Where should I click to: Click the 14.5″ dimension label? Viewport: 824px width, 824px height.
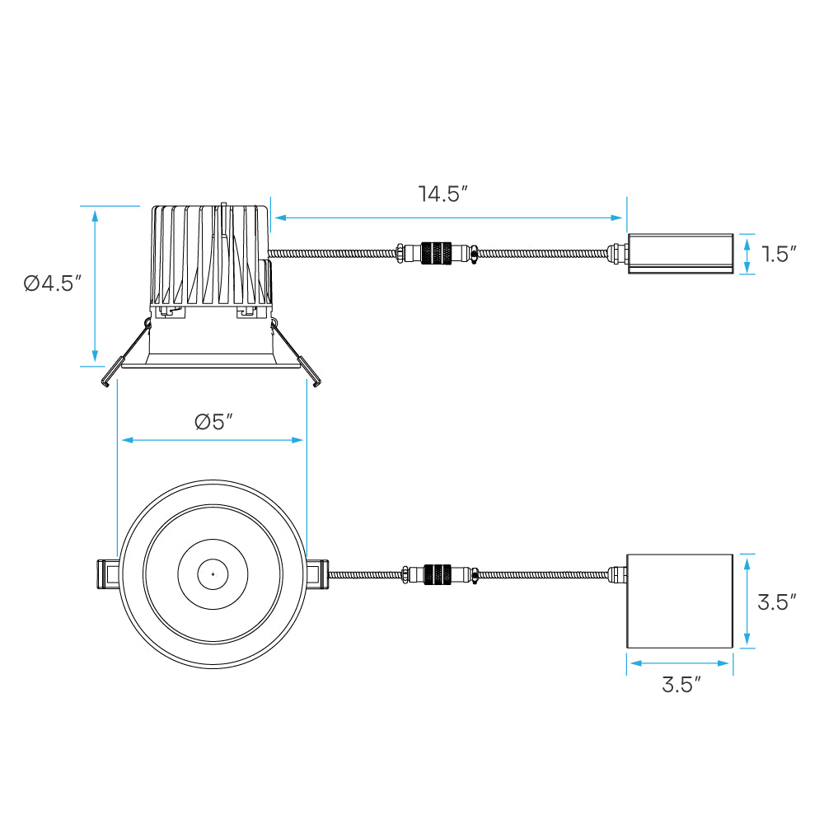point(442,194)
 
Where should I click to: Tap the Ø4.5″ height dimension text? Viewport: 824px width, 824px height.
point(53,283)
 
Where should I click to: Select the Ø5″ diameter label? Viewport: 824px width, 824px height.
point(213,421)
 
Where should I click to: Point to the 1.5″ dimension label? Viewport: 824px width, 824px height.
point(779,254)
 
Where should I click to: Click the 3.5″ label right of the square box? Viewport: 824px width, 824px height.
point(777,602)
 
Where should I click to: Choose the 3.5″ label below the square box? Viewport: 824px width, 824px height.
point(681,684)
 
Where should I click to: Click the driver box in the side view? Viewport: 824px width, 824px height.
point(681,254)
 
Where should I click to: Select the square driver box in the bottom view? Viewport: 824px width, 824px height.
point(680,601)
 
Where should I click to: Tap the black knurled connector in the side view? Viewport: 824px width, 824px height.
point(436,253)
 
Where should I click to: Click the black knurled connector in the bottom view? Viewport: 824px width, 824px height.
point(438,574)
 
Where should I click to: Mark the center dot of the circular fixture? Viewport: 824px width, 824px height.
point(213,574)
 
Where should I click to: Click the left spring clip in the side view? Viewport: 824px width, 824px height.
point(125,352)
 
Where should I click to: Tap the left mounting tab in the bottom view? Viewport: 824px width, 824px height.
point(107,574)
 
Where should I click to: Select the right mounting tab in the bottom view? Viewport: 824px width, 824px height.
point(318,574)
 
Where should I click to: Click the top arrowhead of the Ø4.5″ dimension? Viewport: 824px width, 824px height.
point(95,215)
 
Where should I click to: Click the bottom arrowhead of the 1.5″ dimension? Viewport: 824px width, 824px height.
point(747,268)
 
